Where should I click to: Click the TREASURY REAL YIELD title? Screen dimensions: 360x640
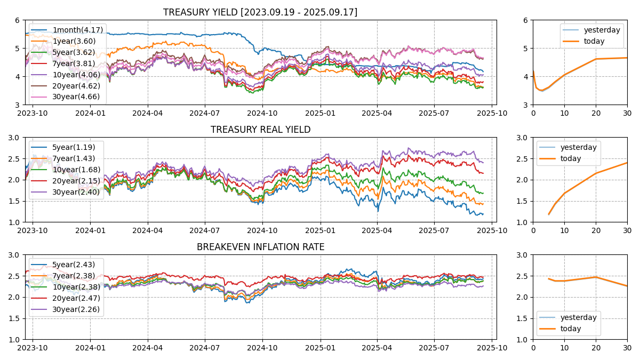tap(260, 130)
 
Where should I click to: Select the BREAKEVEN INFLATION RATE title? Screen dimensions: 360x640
tap(260, 247)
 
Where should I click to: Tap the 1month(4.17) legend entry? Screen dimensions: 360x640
tap(77, 30)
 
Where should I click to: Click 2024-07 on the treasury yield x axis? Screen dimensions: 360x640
tap(205, 113)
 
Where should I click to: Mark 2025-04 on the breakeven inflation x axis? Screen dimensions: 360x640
tap(377, 348)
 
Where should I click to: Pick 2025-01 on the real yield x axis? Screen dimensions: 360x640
tap(320, 230)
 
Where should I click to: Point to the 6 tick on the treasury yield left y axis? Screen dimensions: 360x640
tap(18, 20)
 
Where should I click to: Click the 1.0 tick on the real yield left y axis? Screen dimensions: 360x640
tap(14, 222)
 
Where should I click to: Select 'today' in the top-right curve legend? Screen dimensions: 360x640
tap(594, 41)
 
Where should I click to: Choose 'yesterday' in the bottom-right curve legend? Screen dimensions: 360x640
tap(578, 317)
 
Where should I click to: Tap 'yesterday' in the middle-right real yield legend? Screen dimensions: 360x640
tap(578, 147)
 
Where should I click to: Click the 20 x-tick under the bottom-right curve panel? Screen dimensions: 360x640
tap(596, 348)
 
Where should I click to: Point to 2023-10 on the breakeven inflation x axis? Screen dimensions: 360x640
tap(33, 348)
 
